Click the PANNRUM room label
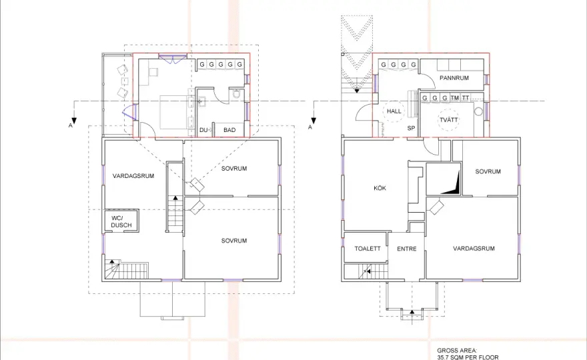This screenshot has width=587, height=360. tap(454, 78)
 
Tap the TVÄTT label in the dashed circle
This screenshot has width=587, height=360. tap(448, 120)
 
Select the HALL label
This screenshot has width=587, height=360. tap(394, 111)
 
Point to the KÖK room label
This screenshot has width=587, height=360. tap(380, 188)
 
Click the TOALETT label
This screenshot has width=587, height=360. tap(368, 249)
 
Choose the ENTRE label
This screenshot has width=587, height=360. tap(406, 249)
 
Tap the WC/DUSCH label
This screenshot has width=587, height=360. tap(121, 221)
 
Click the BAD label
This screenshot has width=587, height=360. tap(229, 130)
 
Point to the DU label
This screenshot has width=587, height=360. tap(203, 130)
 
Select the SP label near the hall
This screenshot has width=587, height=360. tap(411, 128)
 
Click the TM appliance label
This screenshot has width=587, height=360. tap(454, 98)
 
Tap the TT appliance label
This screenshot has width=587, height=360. tap(465, 98)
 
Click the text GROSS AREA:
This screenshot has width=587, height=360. tap(457, 351)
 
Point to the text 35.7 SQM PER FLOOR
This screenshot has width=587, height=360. tap(468, 357)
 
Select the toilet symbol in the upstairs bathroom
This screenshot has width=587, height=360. tap(236, 93)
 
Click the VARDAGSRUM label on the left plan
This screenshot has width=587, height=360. tap(133, 176)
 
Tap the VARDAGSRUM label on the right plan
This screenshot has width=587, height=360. tap(474, 248)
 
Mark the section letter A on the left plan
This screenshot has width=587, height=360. tap(71, 126)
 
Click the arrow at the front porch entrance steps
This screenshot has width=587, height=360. tap(412, 313)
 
